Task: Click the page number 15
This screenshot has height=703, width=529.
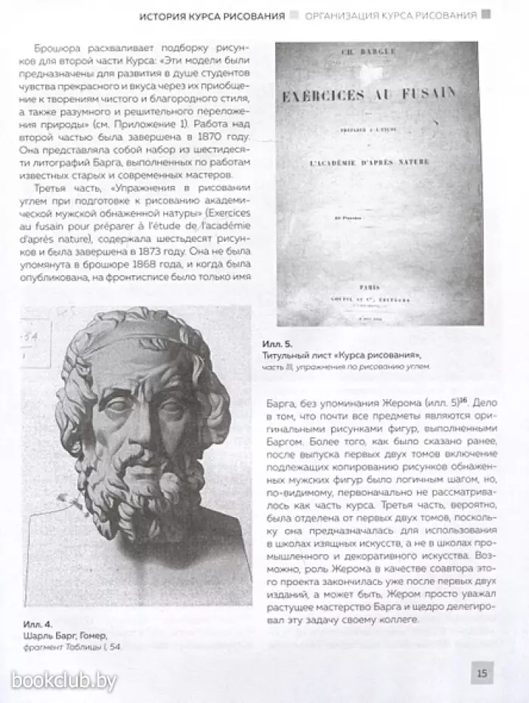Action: (x=481, y=672)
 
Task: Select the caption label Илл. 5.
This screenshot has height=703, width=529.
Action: (x=292, y=342)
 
